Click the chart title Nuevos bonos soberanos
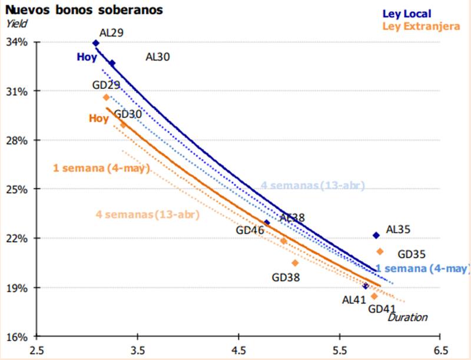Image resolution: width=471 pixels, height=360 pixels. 83,10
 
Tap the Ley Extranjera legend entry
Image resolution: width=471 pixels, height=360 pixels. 421,26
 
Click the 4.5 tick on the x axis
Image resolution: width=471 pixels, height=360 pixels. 238,349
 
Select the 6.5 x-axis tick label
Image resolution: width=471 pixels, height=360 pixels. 439,349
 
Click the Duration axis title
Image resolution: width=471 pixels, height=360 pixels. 407,318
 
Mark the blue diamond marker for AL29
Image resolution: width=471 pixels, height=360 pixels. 96,43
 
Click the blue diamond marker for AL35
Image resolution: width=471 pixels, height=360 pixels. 376,236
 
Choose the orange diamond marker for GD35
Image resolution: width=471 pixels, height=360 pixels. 380,252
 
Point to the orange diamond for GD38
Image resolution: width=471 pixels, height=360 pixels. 295,263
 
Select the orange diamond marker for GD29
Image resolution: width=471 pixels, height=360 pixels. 106,97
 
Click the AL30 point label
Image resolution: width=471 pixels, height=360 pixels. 158,57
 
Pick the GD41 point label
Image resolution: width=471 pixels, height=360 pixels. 382,308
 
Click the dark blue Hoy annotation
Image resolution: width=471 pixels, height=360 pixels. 87,57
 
